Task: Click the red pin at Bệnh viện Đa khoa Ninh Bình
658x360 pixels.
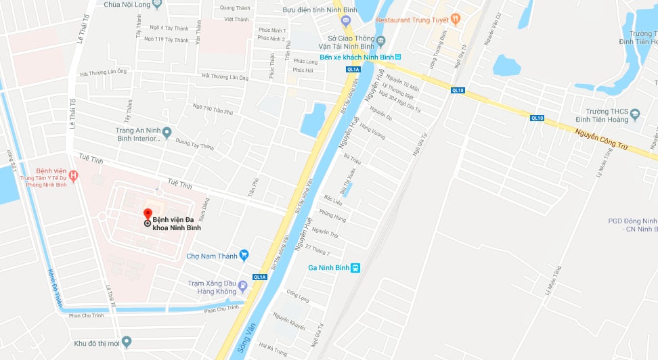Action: [x=148, y=215]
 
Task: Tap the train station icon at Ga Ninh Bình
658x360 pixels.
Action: [x=355, y=267]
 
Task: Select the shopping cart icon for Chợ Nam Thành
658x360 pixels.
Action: [x=244, y=255]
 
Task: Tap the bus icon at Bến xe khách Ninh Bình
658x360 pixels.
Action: [x=398, y=58]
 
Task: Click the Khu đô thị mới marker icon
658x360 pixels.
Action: [x=126, y=342]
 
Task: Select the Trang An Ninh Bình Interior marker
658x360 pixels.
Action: [x=167, y=132]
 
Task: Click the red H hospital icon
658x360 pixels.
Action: [x=74, y=176]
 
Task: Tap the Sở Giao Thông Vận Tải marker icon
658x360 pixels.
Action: [x=380, y=41]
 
